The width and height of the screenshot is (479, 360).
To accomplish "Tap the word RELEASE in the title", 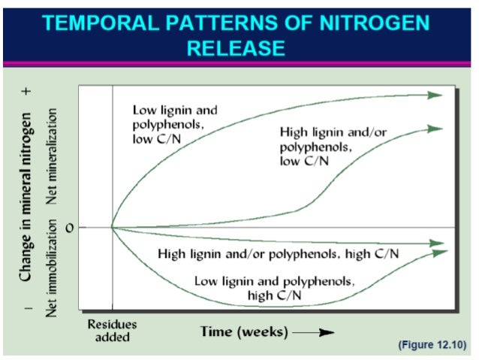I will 236,50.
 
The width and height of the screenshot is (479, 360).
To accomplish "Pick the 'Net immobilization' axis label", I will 52,268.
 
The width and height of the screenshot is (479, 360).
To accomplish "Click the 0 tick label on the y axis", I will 70,228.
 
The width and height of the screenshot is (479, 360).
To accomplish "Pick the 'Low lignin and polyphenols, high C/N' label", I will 273,287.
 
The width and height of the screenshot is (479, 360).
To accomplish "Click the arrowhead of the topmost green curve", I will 435,95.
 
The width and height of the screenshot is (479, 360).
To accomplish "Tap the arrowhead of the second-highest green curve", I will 435,129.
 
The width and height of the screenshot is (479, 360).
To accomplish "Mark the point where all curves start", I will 113,227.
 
